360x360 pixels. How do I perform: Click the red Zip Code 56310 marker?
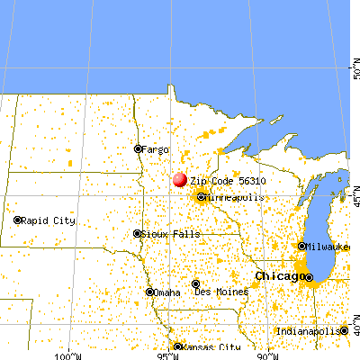coord(180,180)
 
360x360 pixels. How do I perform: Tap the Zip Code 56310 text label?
coord(228,181)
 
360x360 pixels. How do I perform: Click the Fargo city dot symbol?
coord(138,149)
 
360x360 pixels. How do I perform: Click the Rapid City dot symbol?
coord(18,220)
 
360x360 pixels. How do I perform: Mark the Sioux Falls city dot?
coord(138,233)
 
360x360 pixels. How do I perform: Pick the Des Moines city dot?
coord(196,284)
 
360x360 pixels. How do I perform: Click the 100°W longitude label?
coord(67,355)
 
